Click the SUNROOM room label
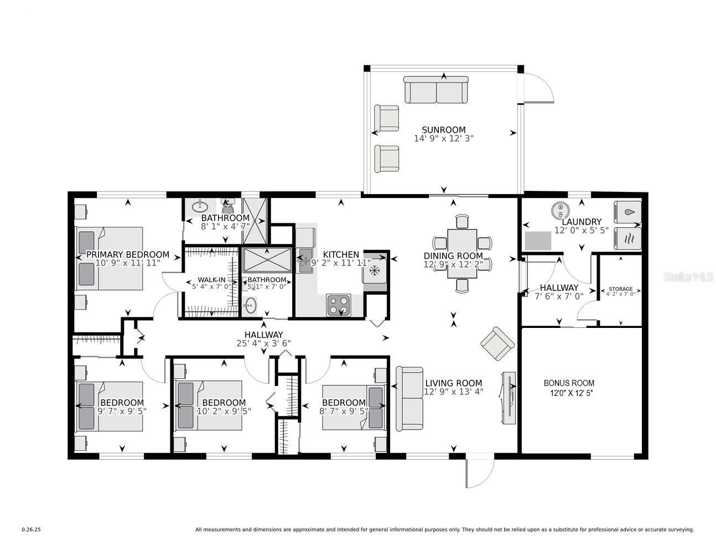coord(443,130)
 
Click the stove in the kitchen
coord(338,305)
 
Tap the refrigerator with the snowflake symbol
coord(375,270)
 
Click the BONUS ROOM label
coord(569,383)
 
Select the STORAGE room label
coord(620,289)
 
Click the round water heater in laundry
coord(561,210)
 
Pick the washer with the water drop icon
coord(627,212)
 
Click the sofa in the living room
coord(409,398)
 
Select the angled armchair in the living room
coord(497,342)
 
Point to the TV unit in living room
coord(509,398)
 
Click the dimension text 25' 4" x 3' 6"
coord(263,343)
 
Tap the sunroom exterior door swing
coord(538,88)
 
